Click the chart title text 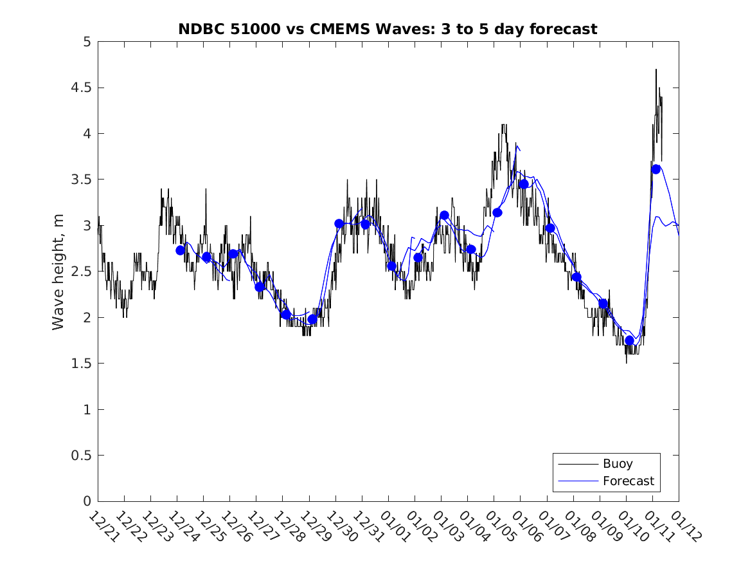(x=388, y=29)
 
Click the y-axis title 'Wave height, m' (x=58, y=272)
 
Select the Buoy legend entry (x=618, y=463)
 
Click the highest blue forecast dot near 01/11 (x=656, y=169)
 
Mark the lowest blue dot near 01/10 (x=630, y=340)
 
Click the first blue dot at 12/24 (x=181, y=250)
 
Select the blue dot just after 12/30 (x=339, y=224)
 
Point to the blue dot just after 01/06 (x=524, y=184)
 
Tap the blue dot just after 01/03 (x=444, y=216)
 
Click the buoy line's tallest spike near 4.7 (x=656, y=69)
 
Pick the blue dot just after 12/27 (x=260, y=287)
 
